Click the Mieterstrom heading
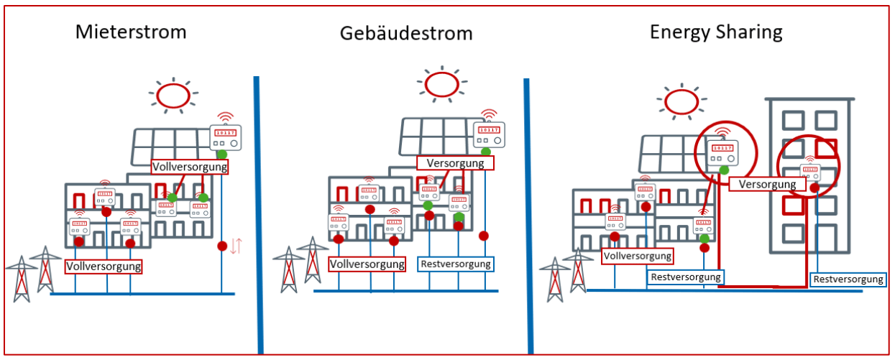131,32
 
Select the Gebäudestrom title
406,33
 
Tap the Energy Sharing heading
716,32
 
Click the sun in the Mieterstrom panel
173,96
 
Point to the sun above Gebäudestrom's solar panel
442,84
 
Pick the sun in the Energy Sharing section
681,101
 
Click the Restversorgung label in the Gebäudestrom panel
456,264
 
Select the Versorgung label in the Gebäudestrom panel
455,163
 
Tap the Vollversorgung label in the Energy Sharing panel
638,256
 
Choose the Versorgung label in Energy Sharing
767,184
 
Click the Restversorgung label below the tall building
848,280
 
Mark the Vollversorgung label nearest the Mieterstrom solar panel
190,167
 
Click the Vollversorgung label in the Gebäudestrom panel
367,264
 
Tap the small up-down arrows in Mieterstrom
236,246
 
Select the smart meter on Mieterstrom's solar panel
225,137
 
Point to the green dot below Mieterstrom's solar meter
222,154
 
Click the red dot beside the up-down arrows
222,246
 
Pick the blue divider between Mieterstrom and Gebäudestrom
259,215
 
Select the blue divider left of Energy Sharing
528,216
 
